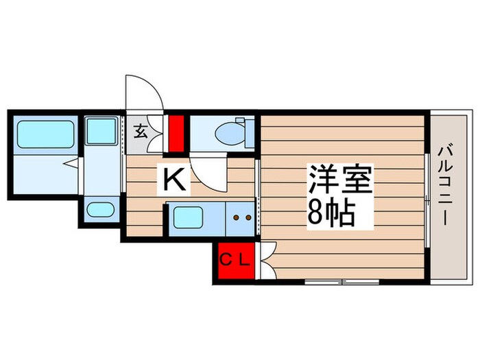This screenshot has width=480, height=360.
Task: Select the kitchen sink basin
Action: pyautogui.click(x=186, y=218)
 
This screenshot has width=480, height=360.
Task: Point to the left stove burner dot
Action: pyautogui.click(x=236, y=218)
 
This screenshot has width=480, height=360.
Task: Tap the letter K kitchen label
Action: pyautogui.click(x=175, y=180)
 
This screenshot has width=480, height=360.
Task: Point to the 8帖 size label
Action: pyautogui.click(x=331, y=215)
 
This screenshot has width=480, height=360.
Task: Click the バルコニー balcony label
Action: pyautogui.click(x=445, y=185)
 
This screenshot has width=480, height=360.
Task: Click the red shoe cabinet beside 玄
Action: pyautogui.click(x=178, y=133)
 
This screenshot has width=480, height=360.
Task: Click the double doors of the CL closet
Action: pyautogui.click(x=266, y=261)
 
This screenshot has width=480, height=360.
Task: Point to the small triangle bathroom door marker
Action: pyautogui.click(x=69, y=163)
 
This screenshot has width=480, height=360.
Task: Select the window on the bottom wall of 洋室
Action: pyautogui.click(x=341, y=281)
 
